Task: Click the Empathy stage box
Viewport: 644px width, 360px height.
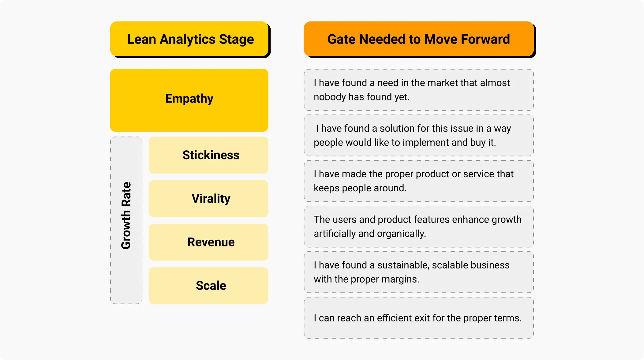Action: pyautogui.click(x=189, y=100)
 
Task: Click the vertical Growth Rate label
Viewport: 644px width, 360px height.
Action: pyautogui.click(x=126, y=216)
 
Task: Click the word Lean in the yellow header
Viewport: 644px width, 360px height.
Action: pyautogui.click(x=141, y=39)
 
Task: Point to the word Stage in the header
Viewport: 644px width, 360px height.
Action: pyautogui.click(x=236, y=39)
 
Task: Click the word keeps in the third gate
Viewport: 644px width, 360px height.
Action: pyautogui.click(x=326, y=188)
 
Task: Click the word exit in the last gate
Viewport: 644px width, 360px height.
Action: pyautogui.click(x=422, y=318)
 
